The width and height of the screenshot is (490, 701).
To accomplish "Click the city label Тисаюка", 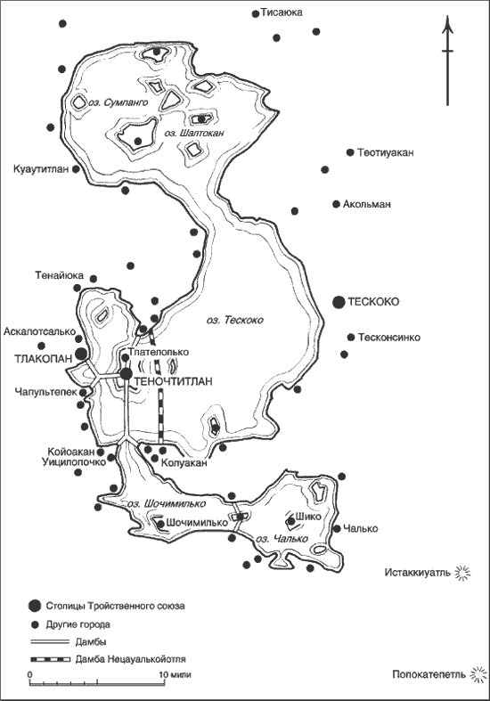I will [282, 13].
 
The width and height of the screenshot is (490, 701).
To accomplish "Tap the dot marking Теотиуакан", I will [350, 152].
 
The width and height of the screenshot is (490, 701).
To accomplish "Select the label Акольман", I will [366, 204].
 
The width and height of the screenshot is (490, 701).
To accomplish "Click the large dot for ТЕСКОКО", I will [339, 303].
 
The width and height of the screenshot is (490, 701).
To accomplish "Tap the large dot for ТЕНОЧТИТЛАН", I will [127, 374].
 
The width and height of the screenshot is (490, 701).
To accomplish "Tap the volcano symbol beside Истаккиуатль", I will [461, 573].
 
